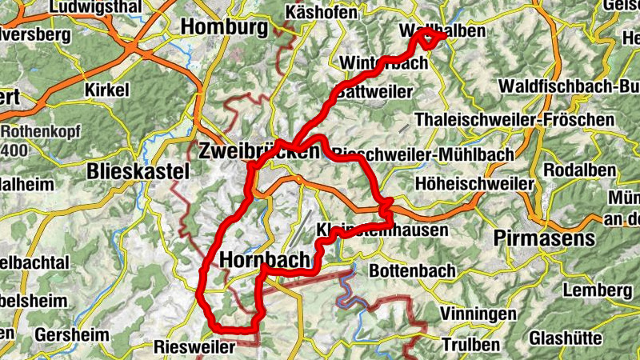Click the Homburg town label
(x=224, y=26)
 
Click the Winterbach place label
(x=383, y=62)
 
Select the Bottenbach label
(x=412, y=271)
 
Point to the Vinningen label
(x=478, y=314)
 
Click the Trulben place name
(x=470, y=345)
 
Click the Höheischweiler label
(x=474, y=183)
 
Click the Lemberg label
(x=593, y=289)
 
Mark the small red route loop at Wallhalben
(x=427, y=38)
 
